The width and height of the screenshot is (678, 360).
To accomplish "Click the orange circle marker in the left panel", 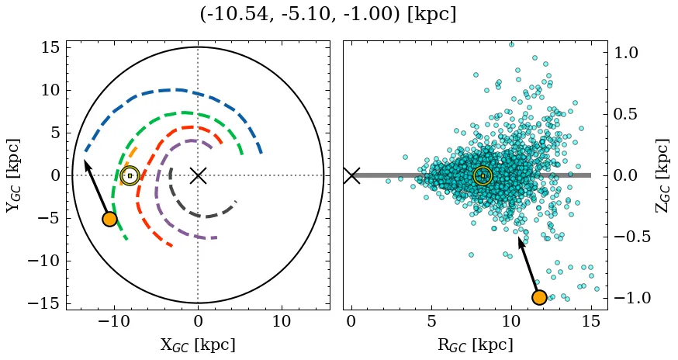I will pyautogui.click(x=109, y=219).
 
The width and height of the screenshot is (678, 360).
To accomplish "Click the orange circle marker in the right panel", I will pyautogui.click(x=539, y=297).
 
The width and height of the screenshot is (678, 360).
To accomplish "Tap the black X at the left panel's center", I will pyautogui.click(x=198, y=175).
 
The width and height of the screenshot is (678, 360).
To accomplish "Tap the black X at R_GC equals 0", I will pyautogui.click(x=351, y=175).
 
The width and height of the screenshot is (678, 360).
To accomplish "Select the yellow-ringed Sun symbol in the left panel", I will pyautogui.click(x=130, y=175).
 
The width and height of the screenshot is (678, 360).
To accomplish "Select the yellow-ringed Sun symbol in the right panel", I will pyautogui.click(x=483, y=175).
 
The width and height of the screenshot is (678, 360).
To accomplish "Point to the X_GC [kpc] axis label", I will pyautogui.click(x=197, y=345).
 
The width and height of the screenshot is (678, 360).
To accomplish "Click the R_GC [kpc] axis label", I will pyautogui.click(x=475, y=345).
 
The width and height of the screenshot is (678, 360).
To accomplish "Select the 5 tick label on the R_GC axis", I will pyautogui.click(x=431, y=322).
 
